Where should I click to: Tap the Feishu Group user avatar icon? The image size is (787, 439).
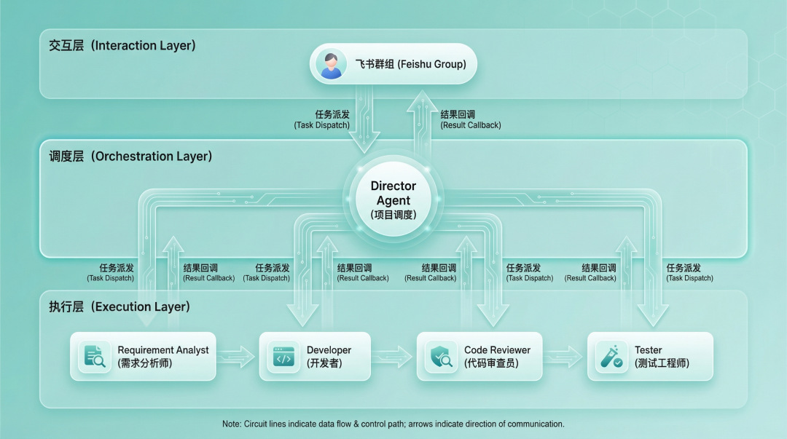332,64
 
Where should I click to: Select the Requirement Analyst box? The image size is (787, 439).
143,356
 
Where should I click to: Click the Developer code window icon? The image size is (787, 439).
283,356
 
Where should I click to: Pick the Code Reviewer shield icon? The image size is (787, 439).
441,356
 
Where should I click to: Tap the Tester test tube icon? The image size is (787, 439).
611,356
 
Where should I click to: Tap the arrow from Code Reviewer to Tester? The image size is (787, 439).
565,356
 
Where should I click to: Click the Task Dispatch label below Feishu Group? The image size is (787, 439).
322,120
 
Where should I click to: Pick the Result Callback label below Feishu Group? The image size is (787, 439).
471,120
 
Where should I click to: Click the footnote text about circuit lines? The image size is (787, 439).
393,424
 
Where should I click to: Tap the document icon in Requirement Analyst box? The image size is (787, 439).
95,356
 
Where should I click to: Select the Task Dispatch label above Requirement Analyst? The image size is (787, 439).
111,273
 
